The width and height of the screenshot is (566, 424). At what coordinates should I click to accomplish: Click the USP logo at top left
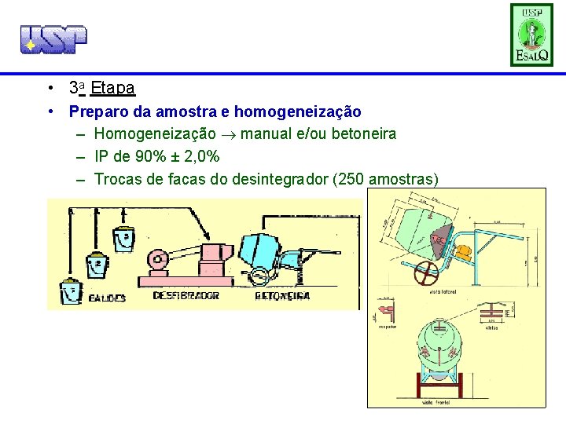tap(53, 38)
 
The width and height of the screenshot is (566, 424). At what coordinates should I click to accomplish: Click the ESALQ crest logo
tap(532, 35)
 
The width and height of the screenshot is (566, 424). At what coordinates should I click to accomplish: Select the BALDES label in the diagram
tap(106, 298)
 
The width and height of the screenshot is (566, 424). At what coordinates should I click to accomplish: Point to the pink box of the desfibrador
tap(217, 255)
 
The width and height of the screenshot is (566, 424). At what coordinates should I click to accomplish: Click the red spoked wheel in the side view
tap(426, 275)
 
